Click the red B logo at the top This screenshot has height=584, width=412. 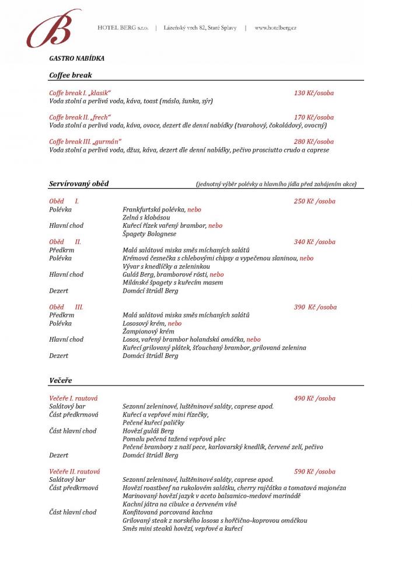(x=54, y=29)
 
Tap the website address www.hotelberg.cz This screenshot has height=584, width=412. (x=275, y=28)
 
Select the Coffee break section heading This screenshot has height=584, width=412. (x=71, y=75)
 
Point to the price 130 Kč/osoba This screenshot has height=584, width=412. (x=314, y=93)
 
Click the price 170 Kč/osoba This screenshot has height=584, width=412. (x=314, y=117)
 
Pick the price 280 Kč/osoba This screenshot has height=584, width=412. (x=314, y=141)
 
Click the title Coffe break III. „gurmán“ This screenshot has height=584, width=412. (x=85, y=141)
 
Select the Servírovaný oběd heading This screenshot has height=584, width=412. (x=79, y=184)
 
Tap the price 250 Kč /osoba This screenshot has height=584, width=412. (x=315, y=201)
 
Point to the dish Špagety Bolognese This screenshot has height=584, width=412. (x=149, y=234)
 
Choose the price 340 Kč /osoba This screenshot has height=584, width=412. (x=315, y=242)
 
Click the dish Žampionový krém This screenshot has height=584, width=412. (x=148, y=331)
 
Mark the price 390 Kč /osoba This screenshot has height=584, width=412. (x=315, y=307)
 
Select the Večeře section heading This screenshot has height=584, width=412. (x=61, y=381)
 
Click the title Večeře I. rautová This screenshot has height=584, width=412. (x=74, y=398)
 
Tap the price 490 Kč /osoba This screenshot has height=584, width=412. (x=315, y=398)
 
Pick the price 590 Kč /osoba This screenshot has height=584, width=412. (x=315, y=471)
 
